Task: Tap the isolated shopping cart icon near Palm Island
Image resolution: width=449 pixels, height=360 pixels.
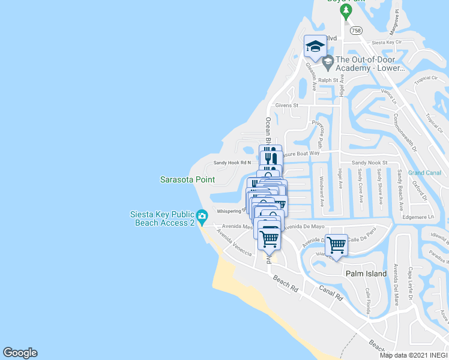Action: coord(336,244)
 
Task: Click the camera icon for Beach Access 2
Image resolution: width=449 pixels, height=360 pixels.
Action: coord(202,215)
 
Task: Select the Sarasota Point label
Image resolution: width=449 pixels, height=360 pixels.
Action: coord(187,179)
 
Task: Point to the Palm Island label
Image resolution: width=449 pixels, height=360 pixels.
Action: coord(366,274)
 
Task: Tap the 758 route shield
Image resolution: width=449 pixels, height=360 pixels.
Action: coord(356,30)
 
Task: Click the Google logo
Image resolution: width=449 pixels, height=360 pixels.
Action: coord(20,353)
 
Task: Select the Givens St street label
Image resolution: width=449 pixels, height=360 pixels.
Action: coord(286,105)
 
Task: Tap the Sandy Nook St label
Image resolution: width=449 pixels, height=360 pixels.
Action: coord(370,163)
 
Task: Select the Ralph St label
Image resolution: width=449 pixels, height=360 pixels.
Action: coord(330,80)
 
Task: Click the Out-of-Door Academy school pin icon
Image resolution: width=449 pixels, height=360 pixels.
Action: coord(328,61)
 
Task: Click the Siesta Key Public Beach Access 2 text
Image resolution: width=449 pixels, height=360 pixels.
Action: coord(163,218)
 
